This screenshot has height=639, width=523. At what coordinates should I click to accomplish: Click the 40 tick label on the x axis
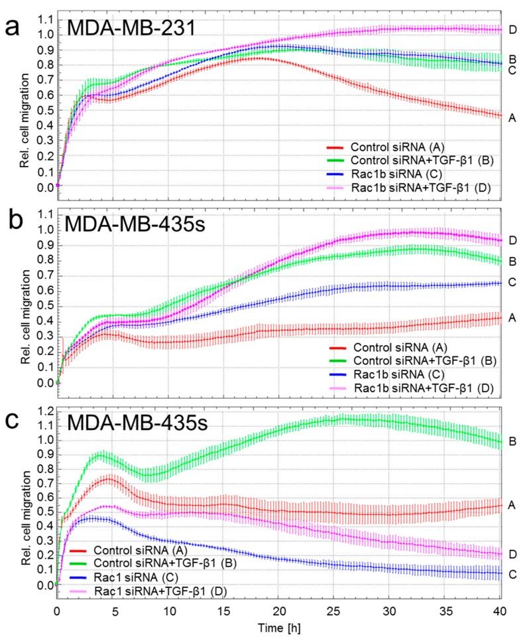[x=500, y=608]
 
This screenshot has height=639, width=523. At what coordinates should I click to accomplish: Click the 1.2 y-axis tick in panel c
[x=45, y=410]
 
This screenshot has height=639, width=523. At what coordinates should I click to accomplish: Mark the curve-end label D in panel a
[x=512, y=30]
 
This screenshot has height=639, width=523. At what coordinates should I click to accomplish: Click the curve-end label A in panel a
[x=512, y=117]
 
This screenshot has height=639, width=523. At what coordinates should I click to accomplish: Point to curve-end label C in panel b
[x=512, y=283]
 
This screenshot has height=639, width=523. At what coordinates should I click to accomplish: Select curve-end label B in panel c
[x=512, y=441]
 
